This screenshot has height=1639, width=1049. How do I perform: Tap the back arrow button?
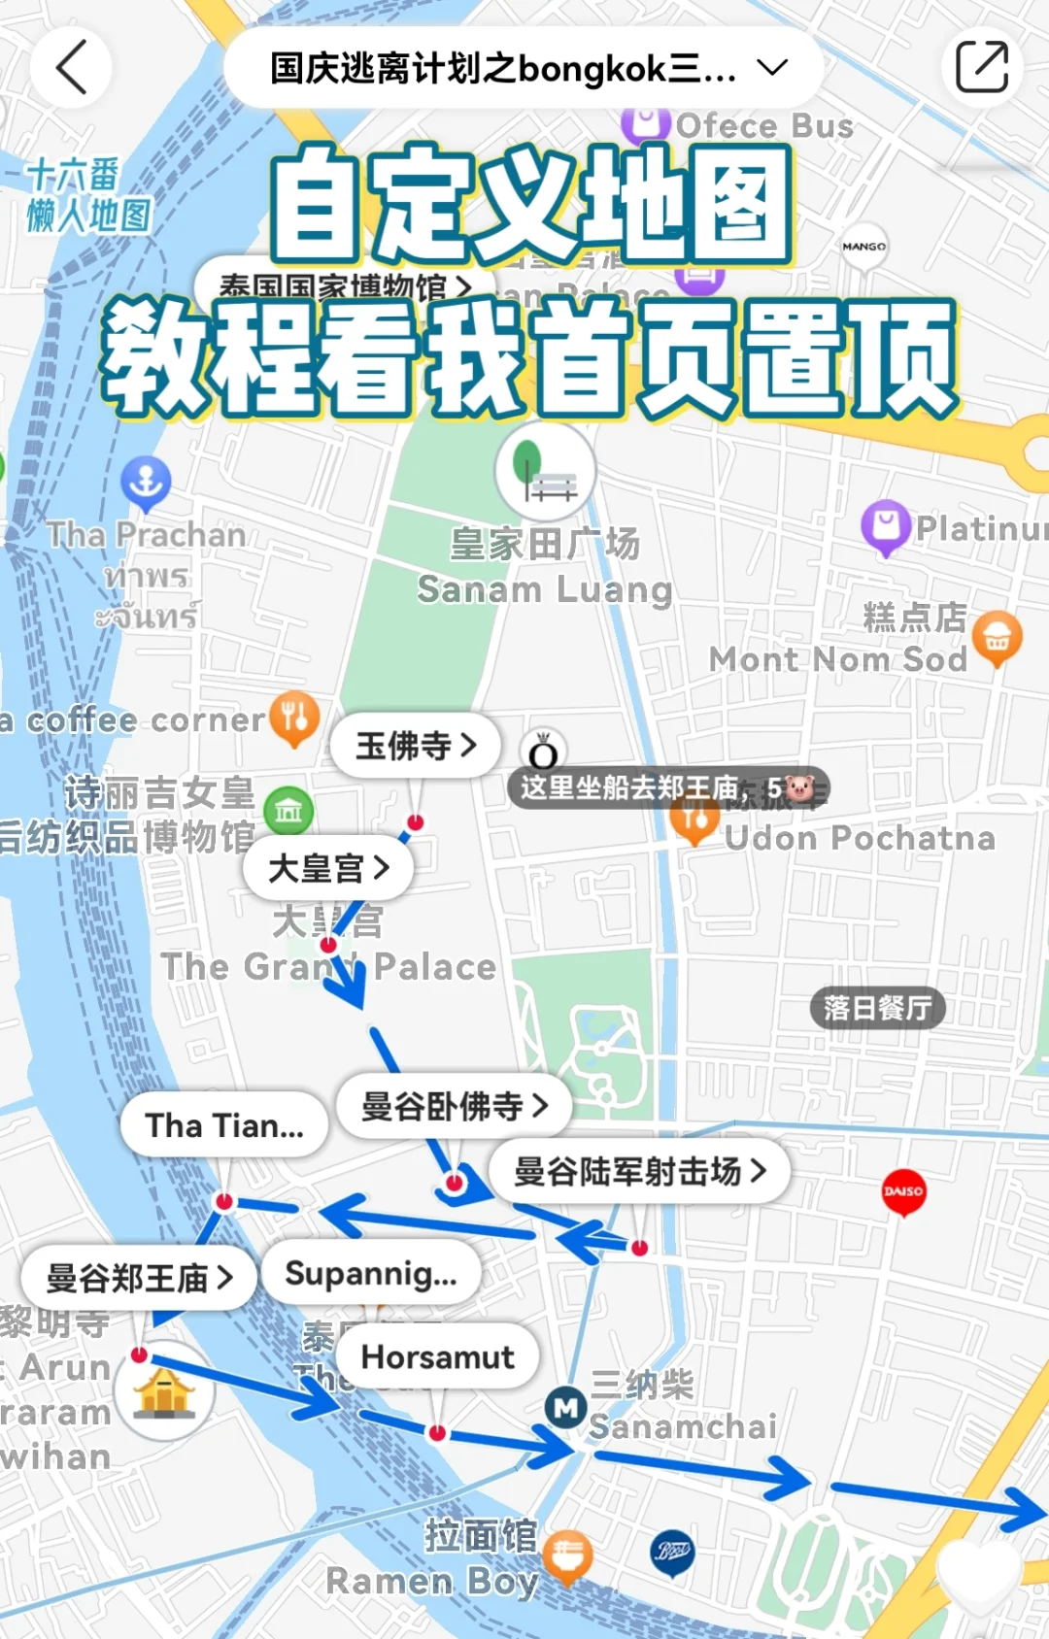[71, 67]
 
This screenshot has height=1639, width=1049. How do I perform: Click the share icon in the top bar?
[981, 67]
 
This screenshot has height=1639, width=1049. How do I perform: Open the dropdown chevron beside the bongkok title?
[772, 67]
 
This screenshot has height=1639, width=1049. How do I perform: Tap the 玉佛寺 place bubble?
[417, 746]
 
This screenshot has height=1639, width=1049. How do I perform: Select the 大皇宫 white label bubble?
[328, 867]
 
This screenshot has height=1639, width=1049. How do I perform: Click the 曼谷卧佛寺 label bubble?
[454, 1106]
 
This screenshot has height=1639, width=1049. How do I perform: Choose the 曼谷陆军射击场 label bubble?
[639, 1171]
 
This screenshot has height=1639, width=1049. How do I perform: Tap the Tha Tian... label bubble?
[224, 1125]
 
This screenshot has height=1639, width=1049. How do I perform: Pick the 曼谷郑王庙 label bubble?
[140, 1278]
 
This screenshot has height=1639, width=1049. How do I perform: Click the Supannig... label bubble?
[371, 1273]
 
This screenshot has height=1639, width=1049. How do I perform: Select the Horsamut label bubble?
[438, 1356]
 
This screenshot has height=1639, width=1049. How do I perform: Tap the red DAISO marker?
[903, 1191]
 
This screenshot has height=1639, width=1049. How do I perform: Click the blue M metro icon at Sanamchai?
[565, 1407]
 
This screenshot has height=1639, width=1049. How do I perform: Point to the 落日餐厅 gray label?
[877, 1008]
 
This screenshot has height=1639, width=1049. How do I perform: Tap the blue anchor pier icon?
[146, 482]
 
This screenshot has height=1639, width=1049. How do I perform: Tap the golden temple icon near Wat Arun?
[164, 1391]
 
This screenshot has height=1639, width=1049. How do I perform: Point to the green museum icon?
[288, 810]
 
